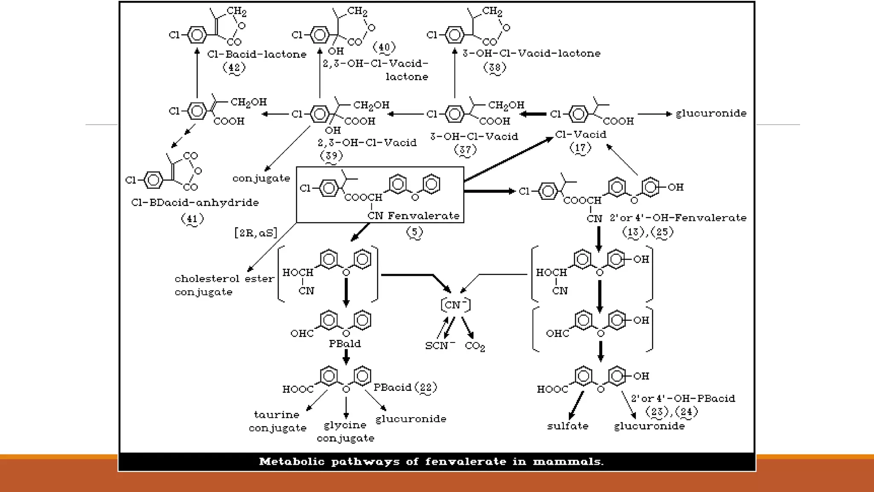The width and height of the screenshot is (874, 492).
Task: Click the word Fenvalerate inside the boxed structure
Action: tap(423, 216)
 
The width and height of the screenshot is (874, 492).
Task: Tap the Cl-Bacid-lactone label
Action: tap(256, 54)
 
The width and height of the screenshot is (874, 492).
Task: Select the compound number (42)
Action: tap(234, 67)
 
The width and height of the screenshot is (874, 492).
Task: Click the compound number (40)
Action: tap(384, 47)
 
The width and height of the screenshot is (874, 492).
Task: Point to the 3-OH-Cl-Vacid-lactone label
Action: tap(531, 53)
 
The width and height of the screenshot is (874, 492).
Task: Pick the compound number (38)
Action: tap(495, 67)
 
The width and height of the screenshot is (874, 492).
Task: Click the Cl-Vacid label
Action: tap(580, 135)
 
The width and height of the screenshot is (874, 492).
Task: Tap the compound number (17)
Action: tap(580, 148)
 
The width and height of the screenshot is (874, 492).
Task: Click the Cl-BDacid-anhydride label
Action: tap(195, 202)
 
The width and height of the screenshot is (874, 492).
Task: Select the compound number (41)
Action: tap(192, 219)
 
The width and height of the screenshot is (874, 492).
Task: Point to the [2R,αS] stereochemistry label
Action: tap(256, 233)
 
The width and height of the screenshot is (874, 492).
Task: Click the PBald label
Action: tap(345, 344)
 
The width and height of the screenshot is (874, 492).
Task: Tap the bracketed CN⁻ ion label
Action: tap(455, 305)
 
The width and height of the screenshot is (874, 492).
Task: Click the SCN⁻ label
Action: tap(440, 345)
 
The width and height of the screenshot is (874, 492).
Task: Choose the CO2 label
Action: tap(475, 346)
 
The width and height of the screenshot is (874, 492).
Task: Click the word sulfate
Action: tap(568, 426)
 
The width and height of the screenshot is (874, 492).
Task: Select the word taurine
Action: tap(277, 415)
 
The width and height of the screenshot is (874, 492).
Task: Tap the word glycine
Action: tap(345, 425)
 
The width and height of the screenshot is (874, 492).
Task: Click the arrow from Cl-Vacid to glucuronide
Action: tap(655, 114)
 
